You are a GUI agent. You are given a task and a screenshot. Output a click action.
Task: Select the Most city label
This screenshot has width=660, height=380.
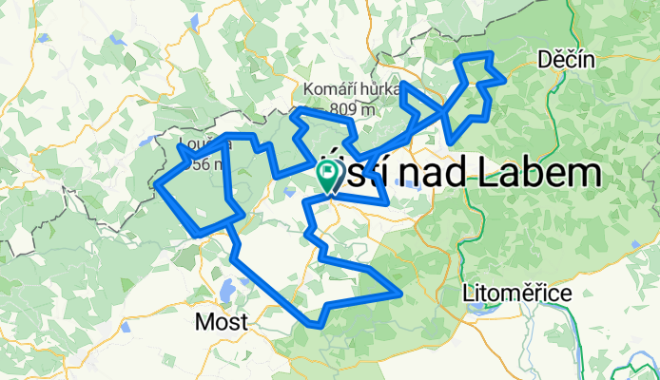tap(221, 322)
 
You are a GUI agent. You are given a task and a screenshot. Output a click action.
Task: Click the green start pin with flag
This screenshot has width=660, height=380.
tap(327, 175)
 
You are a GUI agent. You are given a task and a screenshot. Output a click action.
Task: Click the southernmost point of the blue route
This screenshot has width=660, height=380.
tap(315, 324)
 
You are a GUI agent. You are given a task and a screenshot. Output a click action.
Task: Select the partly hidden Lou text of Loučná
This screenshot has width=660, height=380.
tap(188, 147)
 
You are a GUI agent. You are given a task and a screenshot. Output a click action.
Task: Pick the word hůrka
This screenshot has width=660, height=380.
tap(377, 89)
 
